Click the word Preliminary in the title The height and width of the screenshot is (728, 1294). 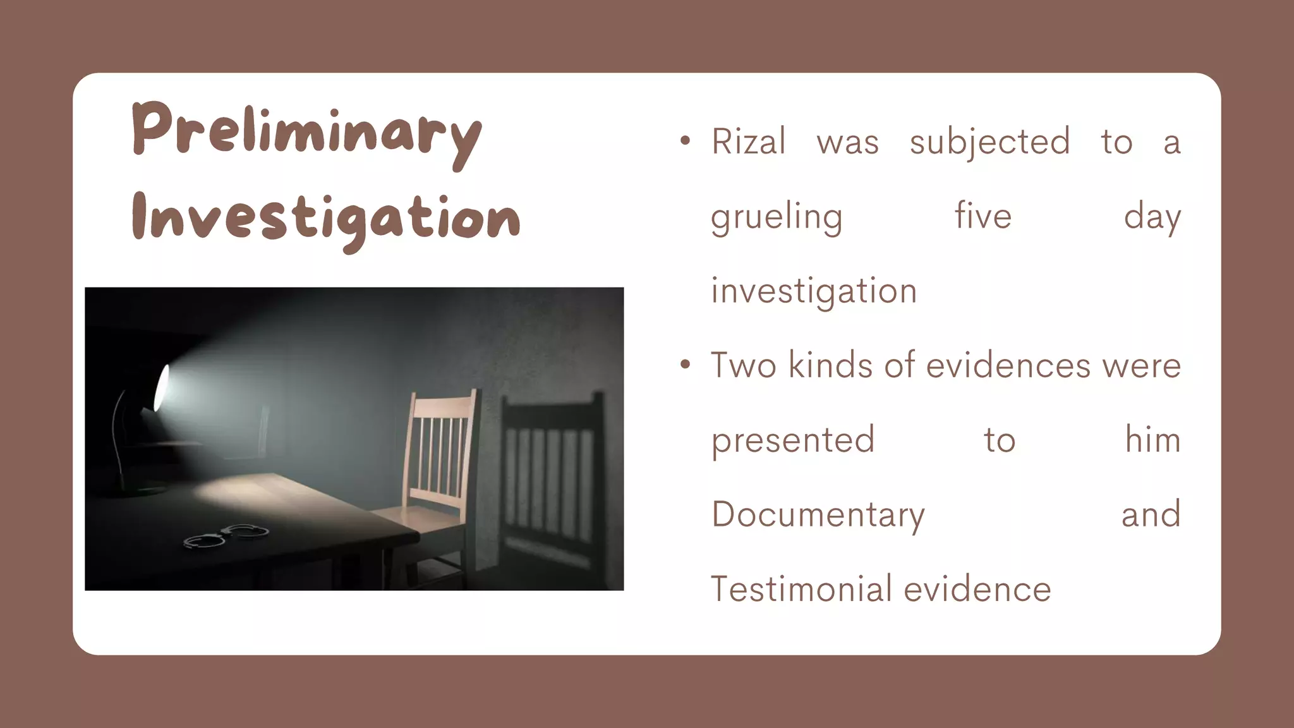click(x=306, y=131)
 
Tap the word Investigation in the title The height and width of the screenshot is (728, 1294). click(x=325, y=218)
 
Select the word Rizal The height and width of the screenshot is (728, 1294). click(x=749, y=141)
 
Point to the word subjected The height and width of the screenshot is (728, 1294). click(x=989, y=142)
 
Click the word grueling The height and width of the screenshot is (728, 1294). click(x=777, y=217)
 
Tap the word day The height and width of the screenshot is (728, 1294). click(x=1152, y=217)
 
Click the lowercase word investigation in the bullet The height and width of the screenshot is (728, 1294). click(x=814, y=291)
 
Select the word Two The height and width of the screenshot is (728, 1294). click(x=743, y=365)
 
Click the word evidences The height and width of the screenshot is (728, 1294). click(x=1008, y=365)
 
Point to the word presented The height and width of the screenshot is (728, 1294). click(x=793, y=440)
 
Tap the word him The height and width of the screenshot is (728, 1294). click(x=1152, y=439)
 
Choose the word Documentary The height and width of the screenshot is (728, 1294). click(x=818, y=515)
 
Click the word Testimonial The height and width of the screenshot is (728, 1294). click(x=800, y=589)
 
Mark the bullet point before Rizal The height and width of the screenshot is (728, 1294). click(x=685, y=142)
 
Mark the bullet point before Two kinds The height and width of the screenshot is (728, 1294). click(x=685, y=365)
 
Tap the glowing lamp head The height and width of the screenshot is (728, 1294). click(x=162, y=387)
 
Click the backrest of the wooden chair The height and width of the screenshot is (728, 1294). click(x=440, y=442)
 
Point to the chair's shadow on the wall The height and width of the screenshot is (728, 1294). click(x=550, y=468)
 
